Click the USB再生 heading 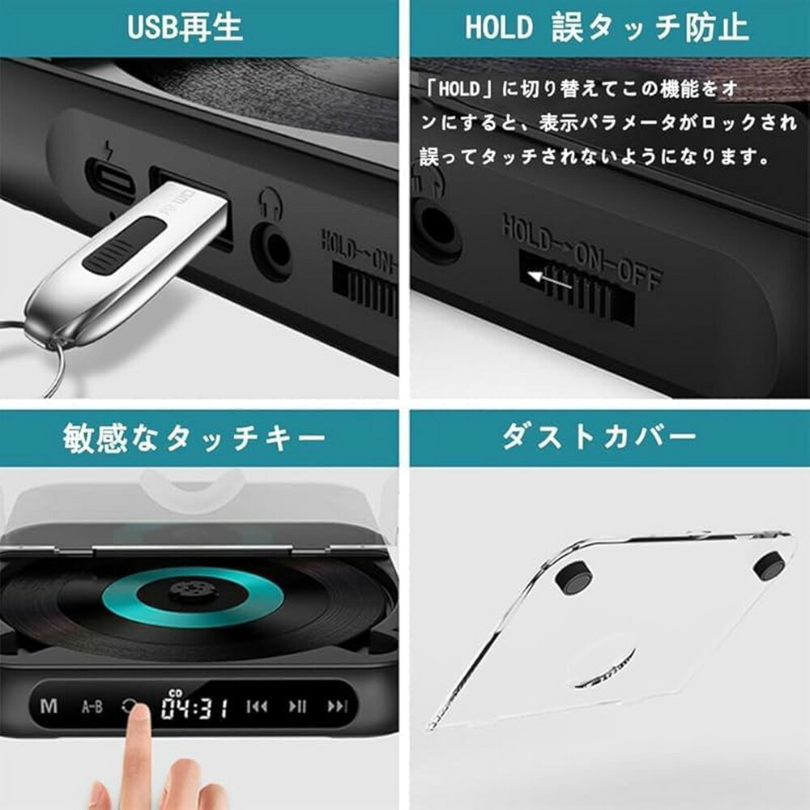click(185, 28)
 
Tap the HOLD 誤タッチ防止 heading click(607, 28)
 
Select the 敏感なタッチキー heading click(194, 438)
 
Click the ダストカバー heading click(599, 437)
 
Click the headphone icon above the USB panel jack click(271, 203)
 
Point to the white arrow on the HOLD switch click(549, 280)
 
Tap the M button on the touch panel click(49, 706)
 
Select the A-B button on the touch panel click(92, 706)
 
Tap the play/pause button click(297, 706)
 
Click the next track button click(338, 706)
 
